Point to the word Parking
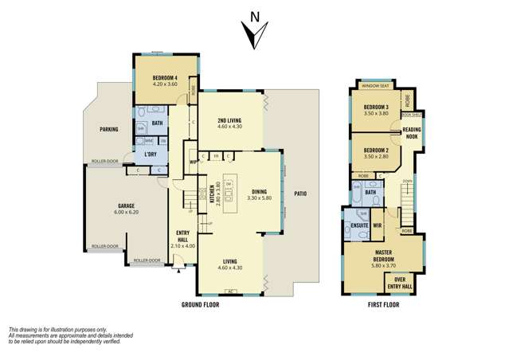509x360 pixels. click(109, 129)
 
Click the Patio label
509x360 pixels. click(300, 194)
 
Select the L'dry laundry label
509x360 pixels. click(150, 153)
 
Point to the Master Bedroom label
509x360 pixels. click(379, 256)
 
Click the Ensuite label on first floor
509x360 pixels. click(358, 225)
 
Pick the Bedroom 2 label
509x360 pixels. click(376, 151)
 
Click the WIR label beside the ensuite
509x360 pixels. click(378, 225)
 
